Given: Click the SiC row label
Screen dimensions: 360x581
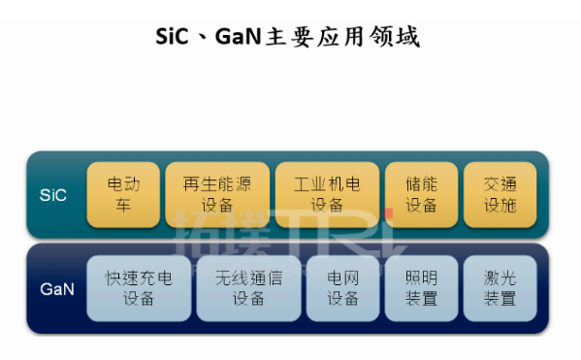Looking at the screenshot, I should click(x=53, y=194).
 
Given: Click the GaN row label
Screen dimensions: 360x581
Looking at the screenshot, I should click(x=53, y=288).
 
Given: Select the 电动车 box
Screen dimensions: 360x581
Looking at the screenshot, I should click(x=123, y=194).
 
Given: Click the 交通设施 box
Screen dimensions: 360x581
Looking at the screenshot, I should click(x=500, y=194).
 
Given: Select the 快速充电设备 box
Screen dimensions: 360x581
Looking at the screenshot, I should click(x=139, y=288).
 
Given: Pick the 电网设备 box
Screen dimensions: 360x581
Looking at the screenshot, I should click(x=341, y=288).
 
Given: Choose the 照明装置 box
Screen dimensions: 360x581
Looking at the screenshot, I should click(x=422, y=288).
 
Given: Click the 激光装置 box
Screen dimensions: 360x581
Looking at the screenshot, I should click(x=500, y=288).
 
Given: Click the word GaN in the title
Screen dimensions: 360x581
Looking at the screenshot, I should click(x=247, y=37).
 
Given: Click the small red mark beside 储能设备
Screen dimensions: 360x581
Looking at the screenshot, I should click(x=387, y=213).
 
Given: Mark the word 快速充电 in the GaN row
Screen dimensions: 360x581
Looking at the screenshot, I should click(x=139, y=278).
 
